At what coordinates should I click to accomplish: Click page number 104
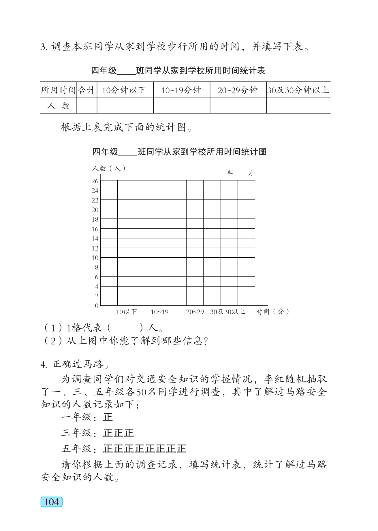tap(52, 502)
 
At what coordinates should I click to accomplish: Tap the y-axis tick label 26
tap(95, 181)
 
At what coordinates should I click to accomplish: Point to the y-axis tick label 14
tap(95, 239)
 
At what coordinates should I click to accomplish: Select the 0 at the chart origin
tap(97, 306)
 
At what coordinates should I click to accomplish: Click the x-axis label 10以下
tap(126, 312)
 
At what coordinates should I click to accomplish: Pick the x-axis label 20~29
tap(195, 312)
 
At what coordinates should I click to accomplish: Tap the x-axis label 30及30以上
tap(227, 312)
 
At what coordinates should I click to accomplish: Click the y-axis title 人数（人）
tap(109, 168)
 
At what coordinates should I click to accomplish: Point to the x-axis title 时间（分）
tap(272, 312)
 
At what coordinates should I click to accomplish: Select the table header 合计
tap(86, 90)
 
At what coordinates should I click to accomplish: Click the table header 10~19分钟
tap(181, 90)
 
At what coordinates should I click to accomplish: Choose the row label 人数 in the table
tap(58, 106)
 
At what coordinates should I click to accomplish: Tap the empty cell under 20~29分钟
tap(238, 106)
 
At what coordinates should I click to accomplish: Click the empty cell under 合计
tap(86, 106)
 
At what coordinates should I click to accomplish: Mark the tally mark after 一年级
tap(108, 417)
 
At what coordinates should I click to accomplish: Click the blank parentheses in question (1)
tap(125, 328)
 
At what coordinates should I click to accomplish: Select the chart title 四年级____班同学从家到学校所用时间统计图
tap(179, 152)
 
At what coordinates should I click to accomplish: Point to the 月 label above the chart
tap(250, 173)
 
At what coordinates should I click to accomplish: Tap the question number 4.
tap(44, 364)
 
